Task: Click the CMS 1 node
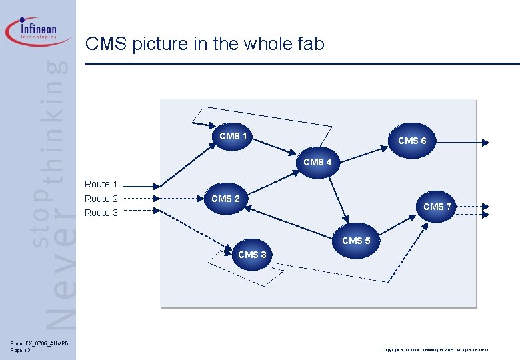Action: click(x=233, y=136)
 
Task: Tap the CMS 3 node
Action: click(x=252, y=254)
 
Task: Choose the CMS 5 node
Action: click(x=356, y=241)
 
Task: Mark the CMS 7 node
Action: click(x=437, y=207)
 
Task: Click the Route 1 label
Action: click(x=101, y=184)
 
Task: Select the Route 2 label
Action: click(x=101, y=199)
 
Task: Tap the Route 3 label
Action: click(x=101, y=213)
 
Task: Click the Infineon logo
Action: click(x=39, y=31)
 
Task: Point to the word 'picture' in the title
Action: click(x=156, y=45)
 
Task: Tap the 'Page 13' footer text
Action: click(x=21, y=350)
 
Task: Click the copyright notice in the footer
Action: click(x=435, y=350)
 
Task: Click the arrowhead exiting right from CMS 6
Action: click(x=486, y=141)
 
